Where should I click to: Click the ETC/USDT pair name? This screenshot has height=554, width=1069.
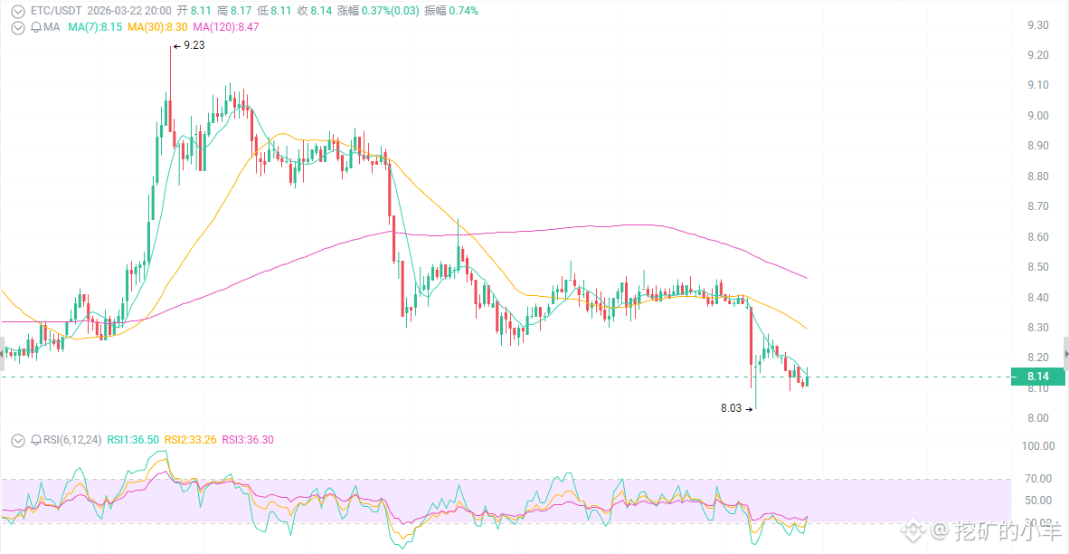pos(56,11)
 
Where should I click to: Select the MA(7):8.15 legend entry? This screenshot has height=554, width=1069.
pos(95,27)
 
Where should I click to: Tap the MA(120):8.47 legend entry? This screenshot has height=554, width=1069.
pos(225,27)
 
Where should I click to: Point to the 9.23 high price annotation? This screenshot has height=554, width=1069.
pos(193,44)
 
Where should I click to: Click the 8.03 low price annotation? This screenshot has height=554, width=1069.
pos(731,408)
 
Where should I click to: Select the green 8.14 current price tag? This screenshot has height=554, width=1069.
pos(1037,377)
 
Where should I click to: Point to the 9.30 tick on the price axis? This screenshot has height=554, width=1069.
pos(1037,25)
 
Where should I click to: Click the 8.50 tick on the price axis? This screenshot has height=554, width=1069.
pos(1037,267)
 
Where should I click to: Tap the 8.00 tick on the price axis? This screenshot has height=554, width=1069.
pos(1037,418)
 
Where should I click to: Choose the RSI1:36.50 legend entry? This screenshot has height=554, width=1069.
pos(133,440)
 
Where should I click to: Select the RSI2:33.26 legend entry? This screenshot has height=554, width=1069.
pos(192,440)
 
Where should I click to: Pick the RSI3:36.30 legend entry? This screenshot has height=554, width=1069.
pos(248,440)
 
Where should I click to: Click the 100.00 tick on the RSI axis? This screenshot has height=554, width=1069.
pos(1037,446)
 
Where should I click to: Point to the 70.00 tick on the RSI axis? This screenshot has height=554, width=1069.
pos(1037,479)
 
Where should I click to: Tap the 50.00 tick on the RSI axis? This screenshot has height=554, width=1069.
pos(1037,501)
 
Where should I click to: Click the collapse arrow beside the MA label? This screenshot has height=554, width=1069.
pos(18,27)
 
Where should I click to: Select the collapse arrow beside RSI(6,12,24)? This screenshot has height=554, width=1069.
pos(18,440)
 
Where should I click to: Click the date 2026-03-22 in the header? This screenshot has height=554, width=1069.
pos(117,11)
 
